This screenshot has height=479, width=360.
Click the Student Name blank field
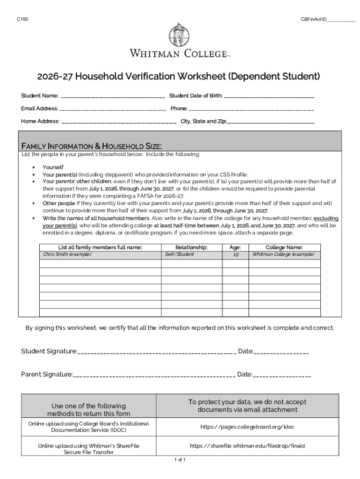(113, 97)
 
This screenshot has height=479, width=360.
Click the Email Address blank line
(113, 109)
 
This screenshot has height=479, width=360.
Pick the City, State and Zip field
(271, 122)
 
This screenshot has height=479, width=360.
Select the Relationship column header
(191, 247)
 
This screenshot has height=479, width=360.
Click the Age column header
(235, 247)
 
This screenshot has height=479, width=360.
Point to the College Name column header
(284, 247)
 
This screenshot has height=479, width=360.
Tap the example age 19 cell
(236, 254)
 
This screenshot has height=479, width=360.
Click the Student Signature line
(157, 352)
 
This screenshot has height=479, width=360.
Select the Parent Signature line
(154, 375)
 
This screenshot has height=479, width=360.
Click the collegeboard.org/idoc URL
(247, 427)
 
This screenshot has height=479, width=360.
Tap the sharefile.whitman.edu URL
(247, 446)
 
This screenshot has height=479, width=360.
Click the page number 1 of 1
(180, 460)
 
